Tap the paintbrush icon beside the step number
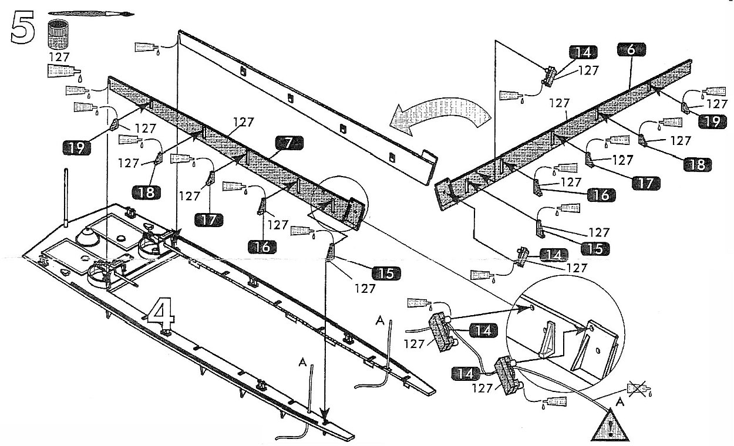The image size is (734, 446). coord(91,13)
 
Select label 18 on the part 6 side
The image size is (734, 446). coord(697,165)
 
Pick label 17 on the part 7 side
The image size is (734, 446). coord(209,219)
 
